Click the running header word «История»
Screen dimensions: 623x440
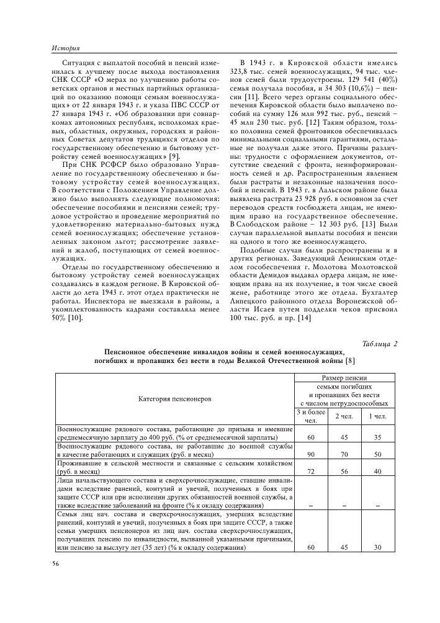click(65, 47)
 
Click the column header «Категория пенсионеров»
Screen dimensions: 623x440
click(174, 398)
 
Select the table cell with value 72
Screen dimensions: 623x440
click(311, 472)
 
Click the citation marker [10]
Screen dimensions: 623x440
click(75, 318)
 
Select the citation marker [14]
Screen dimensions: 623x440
click(304, 318)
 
